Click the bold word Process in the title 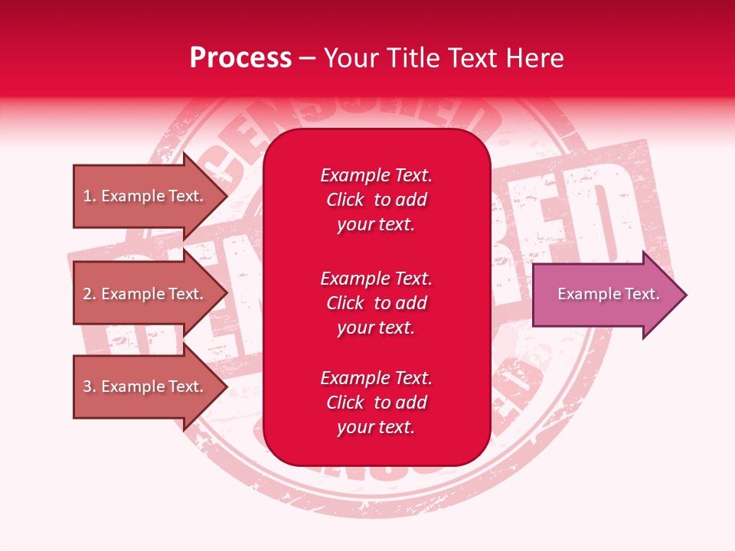(x=240, y=58)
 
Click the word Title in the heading (x=418, y=58)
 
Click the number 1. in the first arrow (x=90, y=196)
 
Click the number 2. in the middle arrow (x=90, y=294)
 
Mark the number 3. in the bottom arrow (x=90, y=386)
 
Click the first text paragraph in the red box (x=376, y=200)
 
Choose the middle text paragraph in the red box (x=376, y=303)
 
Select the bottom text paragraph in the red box (x=376, y=403)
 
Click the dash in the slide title (x=307, y=58)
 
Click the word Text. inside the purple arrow (x=642, y=294)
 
